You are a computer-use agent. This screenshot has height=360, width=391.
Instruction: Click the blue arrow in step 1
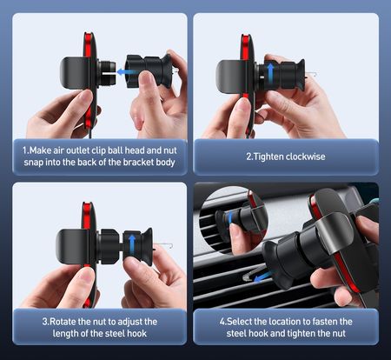(x=127, y=72)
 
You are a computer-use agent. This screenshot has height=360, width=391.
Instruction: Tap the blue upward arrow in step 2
(x=270, y=72)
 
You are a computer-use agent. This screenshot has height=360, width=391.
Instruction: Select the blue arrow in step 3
(x=132, y=243)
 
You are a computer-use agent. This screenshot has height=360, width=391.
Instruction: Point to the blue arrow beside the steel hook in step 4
(x=262, y=277)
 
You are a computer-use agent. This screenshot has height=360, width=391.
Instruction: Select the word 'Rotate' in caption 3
(x=63, y=322)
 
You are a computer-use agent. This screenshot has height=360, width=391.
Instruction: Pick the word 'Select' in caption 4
(x=239, y=322)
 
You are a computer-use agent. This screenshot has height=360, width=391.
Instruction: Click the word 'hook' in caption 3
(x=137, y=333)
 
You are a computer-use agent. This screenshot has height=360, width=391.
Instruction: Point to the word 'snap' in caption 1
(x=34, y=163)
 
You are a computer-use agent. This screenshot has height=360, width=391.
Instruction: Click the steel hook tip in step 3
(x=172, y=246)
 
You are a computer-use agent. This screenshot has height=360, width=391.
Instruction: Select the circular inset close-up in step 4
(x=234, y=221)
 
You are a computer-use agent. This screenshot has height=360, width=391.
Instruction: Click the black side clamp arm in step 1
(x=75, y=73)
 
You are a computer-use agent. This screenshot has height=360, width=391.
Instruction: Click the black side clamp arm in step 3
(x=71, y=246)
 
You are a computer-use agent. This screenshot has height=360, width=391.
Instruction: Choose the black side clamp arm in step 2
(x=229, y=77)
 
